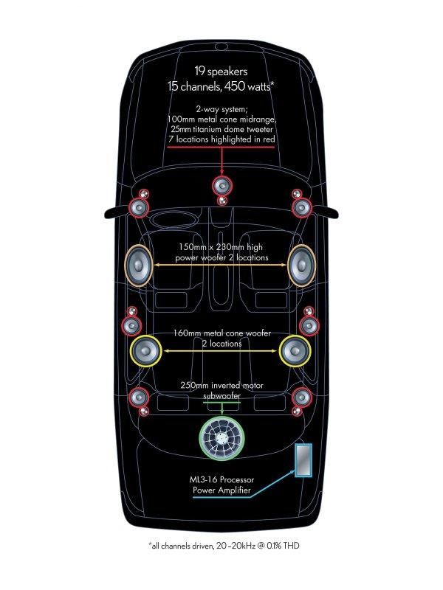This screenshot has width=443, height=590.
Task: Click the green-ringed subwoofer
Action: pos(222,438)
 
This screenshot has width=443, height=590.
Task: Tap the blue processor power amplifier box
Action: pos(303,460)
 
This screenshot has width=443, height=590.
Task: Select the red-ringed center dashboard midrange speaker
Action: pos(222,186)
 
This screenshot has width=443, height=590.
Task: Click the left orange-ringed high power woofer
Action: pos(139,265)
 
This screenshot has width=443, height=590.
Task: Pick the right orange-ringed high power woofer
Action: pos(302,265)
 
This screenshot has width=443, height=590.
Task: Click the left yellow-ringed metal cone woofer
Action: pos(145,351)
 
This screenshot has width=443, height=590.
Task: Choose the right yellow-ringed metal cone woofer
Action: pos(295,351)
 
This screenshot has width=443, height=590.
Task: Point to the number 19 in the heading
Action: pos(199,71)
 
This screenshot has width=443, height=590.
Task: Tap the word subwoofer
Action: pos(221,396)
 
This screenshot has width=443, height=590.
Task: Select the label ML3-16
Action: pos(204,480)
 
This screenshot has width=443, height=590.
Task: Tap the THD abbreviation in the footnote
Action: pos(291,546)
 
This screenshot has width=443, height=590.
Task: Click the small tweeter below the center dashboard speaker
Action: pos(222,200)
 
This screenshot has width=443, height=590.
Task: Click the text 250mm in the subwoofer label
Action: pos(194,386)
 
